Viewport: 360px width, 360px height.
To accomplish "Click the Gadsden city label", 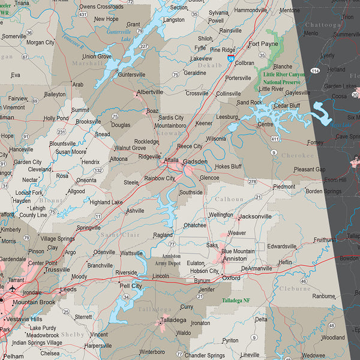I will [x=195, y=161].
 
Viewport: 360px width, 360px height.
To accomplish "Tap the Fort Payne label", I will [x=263, y=44].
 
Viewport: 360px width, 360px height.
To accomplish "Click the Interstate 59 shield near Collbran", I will [x=232, y=59].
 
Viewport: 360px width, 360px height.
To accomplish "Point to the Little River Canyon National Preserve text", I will [x=280, y=78].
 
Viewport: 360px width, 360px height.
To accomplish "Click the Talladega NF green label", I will [x=236, y=299].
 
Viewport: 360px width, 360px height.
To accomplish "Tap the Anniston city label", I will [x=234, y=259].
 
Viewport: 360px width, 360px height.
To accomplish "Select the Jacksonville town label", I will [x=255, y=216].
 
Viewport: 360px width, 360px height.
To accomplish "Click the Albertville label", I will [x=150, y=92].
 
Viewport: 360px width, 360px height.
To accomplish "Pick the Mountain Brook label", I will [x=34, y=302].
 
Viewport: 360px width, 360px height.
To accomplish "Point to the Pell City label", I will [x=131, y=286].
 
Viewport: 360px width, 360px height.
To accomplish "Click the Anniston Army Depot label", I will [x=167, y=259].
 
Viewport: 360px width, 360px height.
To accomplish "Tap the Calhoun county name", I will [x=229, y=199].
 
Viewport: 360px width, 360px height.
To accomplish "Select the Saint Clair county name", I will [x=120, y=235].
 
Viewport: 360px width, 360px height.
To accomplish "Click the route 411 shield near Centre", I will [x=275, y=139].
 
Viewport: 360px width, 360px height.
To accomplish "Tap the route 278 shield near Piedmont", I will [x=253, y=181].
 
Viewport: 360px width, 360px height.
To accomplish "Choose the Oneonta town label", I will [x=86, y=180].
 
